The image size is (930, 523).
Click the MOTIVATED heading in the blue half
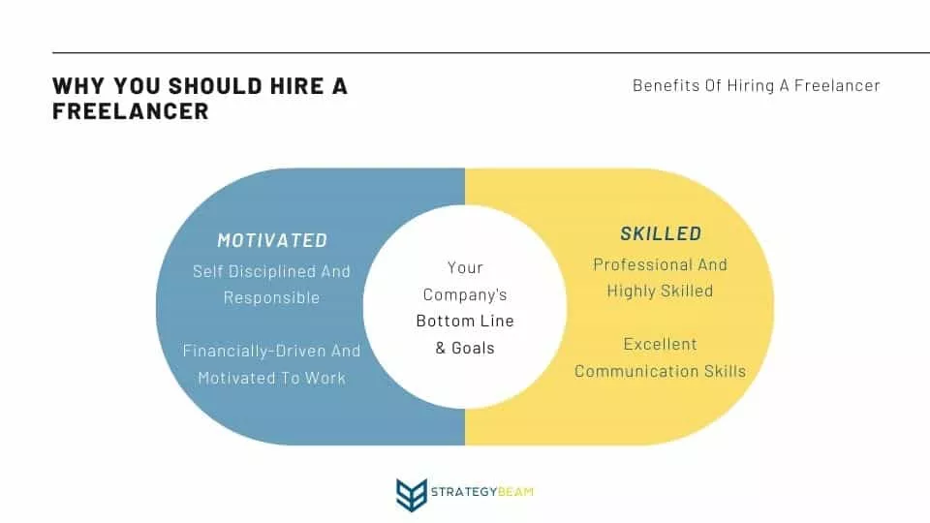tap(272, 240)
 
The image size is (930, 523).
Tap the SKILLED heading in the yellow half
tap(661, 233)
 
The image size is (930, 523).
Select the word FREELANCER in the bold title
tap(131, 110)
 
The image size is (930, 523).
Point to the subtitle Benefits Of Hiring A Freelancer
tap(757, 85)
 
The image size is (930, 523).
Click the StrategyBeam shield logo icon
tap(412, 494)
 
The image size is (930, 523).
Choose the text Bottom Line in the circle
tap(465, 321)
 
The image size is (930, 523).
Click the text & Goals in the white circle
tap(465, 348)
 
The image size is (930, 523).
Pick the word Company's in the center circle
tap(465, 294)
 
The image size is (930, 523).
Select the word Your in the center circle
tap(465, 267)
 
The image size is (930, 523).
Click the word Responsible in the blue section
tap(271, 297)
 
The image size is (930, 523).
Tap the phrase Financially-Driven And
tap(271, 351)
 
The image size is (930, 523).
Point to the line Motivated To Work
tap(271, 378)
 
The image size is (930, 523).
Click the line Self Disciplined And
tap(271, 271)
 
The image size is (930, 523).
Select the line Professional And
tap(660, 264)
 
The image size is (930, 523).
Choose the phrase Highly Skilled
tap(660, 291)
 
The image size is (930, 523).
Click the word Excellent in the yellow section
tap(660, 344)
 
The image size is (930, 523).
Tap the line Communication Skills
tap(660, 371)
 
